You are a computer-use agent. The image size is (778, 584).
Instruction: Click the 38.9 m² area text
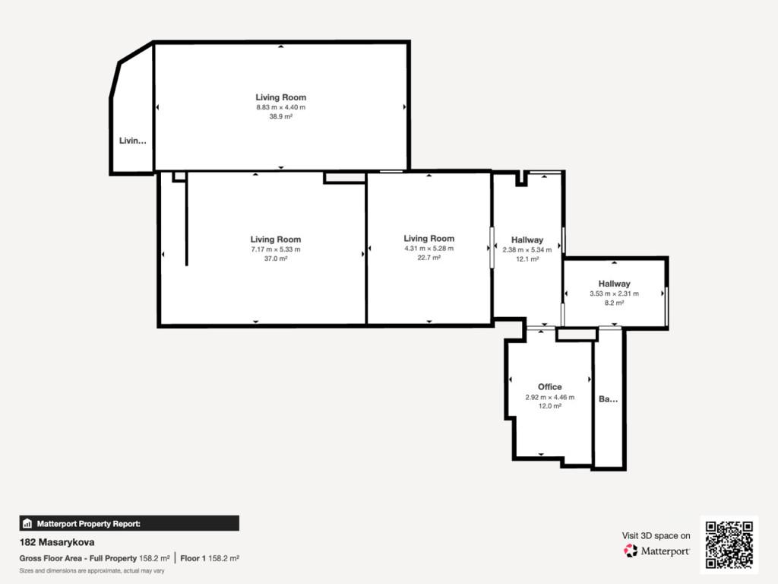(281, 116)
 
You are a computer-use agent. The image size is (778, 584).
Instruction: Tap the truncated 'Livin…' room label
(132, 141)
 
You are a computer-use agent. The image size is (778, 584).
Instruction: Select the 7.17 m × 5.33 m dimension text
(275, 249)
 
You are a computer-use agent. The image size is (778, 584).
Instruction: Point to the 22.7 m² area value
(429, 257)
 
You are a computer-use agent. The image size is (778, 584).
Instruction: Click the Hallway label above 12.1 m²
(527, 240)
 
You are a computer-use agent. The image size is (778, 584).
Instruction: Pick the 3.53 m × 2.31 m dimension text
(614, 294)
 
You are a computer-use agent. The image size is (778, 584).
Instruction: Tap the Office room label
(550, 387)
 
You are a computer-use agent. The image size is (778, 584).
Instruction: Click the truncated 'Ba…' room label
(609, 398)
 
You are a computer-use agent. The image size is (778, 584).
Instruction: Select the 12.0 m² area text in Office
(550, 406)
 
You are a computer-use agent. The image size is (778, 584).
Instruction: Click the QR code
(729, 544)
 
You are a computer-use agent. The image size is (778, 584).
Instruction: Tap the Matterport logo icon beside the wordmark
(630, 551)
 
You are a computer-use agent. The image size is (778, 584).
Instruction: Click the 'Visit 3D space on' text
(656, 535)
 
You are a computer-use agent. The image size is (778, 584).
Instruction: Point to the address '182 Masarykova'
(56, 542)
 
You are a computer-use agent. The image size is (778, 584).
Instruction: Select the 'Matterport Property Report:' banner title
(89, 523)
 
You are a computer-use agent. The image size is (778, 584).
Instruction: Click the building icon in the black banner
(27, 523)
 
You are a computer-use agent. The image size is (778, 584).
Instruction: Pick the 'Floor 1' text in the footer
(193, 558)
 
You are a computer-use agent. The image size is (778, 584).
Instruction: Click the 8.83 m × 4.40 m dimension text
(281, 107)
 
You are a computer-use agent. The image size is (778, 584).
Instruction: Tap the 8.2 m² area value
(614, 303)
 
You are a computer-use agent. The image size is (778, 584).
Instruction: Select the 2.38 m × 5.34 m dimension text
(527, 249)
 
